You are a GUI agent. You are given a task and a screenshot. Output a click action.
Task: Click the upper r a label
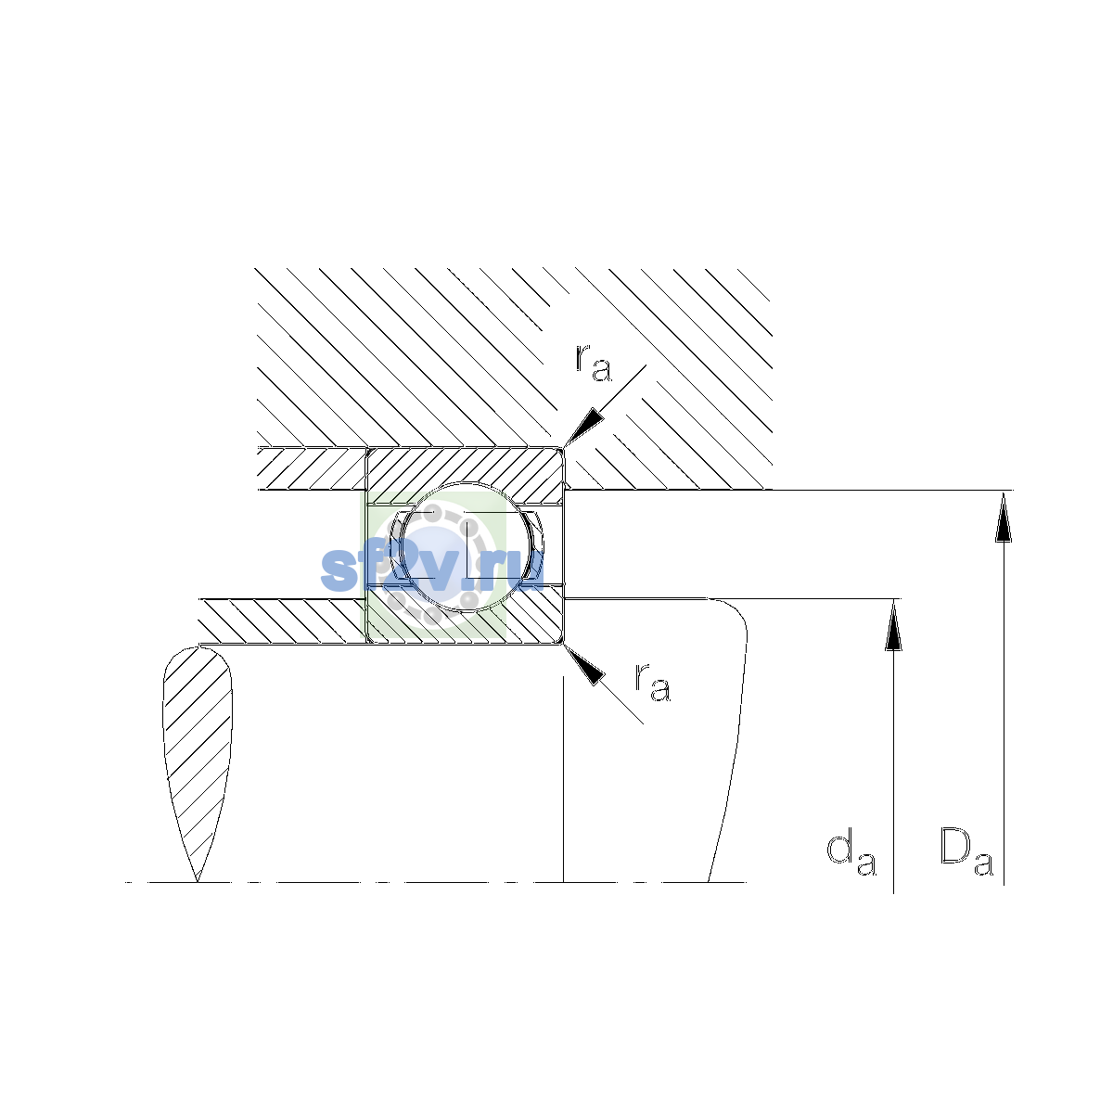tap(594, 363)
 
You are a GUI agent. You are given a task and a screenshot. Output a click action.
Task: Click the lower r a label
tap(653, 683)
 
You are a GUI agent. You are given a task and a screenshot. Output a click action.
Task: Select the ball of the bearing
tap(467, 545)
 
